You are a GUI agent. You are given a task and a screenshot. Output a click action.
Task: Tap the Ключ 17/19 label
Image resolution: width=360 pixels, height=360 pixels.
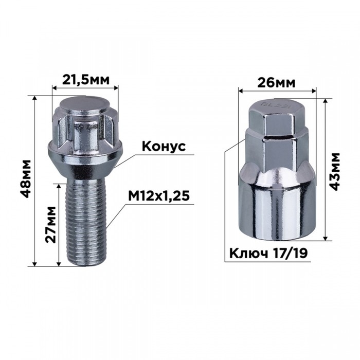tap(267, 254)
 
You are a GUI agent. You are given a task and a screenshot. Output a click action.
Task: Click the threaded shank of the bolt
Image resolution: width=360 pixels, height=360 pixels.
tap(85, 221)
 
